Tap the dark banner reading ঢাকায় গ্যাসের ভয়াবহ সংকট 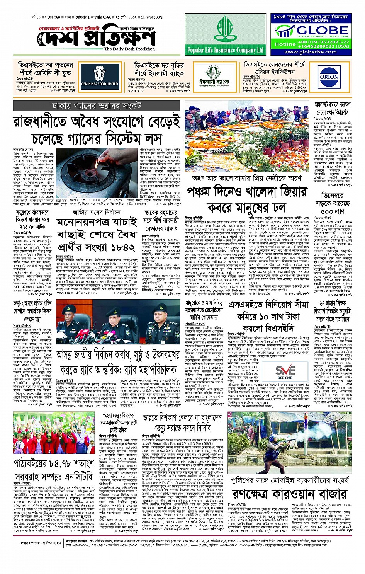pyautogui.click(x=97, y=106)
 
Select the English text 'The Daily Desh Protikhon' pyautogui.click(x=129, y=49)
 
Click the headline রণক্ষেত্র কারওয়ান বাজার pyautogui.click(x=290, y=494)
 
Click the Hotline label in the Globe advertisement pyautogui.click(x=285, y=44)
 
